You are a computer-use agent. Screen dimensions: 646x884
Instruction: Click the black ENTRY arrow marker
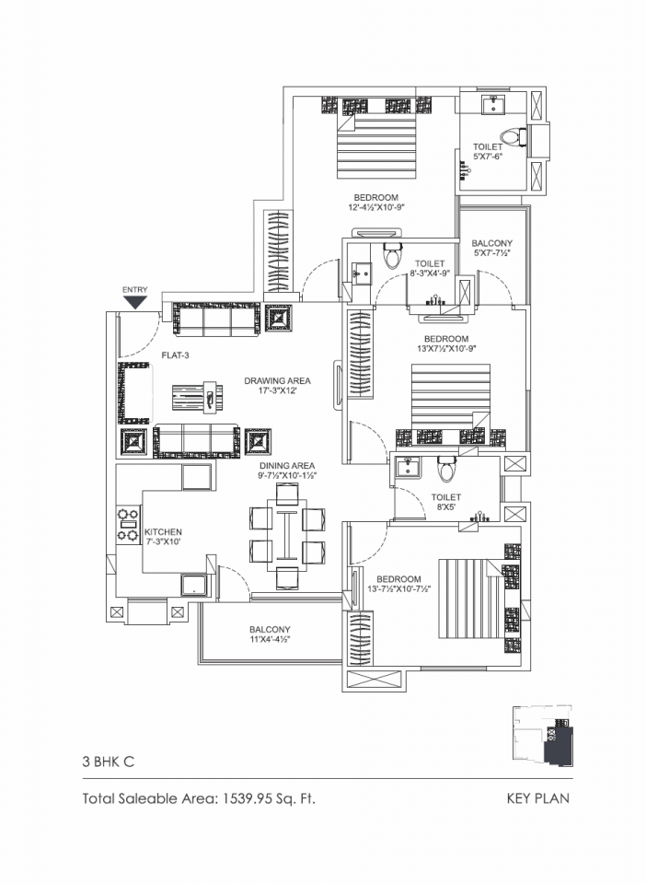(x=135, y=302)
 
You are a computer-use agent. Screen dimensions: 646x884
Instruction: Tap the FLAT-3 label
(x=175, y=355)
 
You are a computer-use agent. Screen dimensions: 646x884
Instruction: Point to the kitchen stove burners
(x=128, y=524)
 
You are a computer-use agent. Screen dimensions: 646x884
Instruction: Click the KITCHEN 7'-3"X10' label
(x=163, y=536)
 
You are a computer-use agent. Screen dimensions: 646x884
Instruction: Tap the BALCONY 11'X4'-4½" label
(x=270, y=634)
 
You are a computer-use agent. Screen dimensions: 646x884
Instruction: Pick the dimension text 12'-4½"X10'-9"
(x=376, y=207)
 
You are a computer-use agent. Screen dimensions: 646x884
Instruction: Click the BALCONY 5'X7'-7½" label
(x=492, y=248)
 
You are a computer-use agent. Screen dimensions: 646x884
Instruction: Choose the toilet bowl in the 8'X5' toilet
(x=447, y=469)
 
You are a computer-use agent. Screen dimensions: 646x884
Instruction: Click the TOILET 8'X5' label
(x=446, y=502)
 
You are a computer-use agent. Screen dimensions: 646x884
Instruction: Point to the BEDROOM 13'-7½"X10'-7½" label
(x=398, y=584)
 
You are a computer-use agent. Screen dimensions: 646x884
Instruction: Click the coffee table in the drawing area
(x=197, y=399)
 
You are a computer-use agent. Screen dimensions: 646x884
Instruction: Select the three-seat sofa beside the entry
(x=216, y=320)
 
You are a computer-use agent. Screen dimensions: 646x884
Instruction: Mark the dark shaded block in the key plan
(x=559, y=746)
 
